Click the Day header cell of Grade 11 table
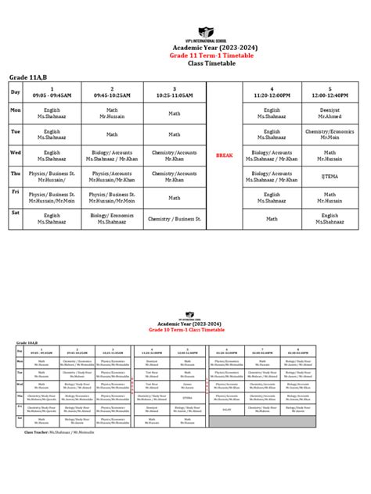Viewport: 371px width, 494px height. pos(15,92)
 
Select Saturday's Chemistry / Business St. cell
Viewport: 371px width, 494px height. pos(175,219)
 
